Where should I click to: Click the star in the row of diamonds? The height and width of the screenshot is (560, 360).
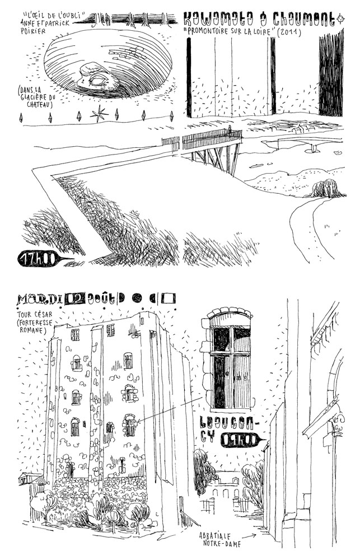[100, 115]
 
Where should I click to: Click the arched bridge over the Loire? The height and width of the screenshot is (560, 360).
[311, 146]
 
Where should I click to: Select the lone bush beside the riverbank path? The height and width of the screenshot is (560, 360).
[326, 189]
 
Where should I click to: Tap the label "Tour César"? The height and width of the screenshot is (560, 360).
[34, 312]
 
